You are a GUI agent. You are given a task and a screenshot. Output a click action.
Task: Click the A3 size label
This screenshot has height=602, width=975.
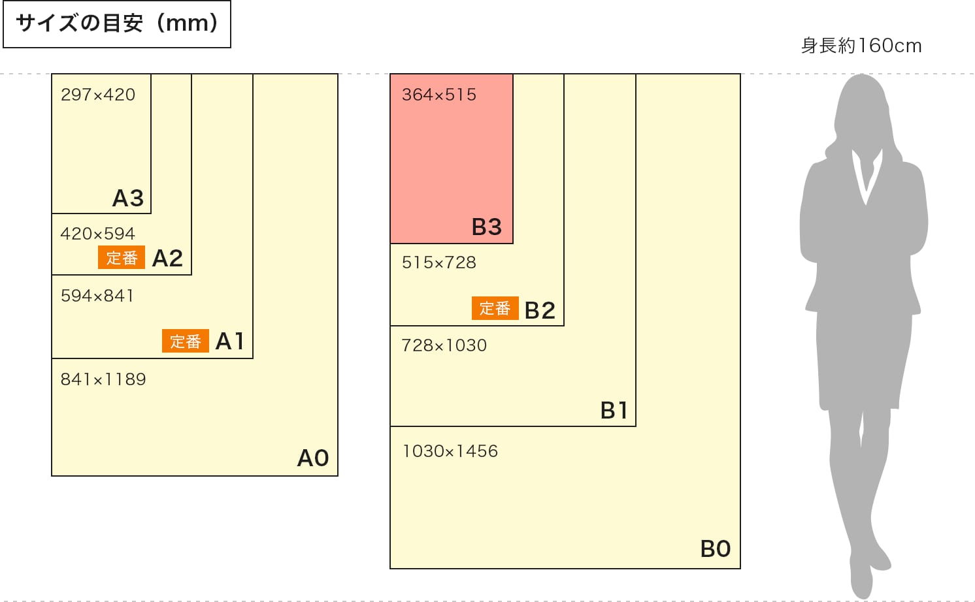(x=128, y=198)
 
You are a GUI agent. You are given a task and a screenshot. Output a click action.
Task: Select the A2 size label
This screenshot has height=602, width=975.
(x=167, y=259)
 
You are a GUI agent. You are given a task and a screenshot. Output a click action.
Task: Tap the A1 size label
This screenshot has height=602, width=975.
(x=229, y=341)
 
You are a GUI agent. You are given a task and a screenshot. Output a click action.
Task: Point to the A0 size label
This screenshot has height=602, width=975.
(x=313, y=458)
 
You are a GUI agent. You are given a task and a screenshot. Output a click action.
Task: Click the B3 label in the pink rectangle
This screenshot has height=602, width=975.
(x=487, y=227)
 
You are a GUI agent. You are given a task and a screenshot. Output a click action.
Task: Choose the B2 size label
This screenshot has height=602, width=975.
(x=540, y=310)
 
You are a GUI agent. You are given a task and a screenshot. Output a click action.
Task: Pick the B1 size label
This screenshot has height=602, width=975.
(x=614, y=410)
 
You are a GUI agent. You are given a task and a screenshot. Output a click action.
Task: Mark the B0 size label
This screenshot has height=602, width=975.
(x=716, y=548)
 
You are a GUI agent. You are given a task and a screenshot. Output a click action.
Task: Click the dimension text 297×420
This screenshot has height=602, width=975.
(x=98, y=95)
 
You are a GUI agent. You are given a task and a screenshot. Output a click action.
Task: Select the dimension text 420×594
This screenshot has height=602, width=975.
(x=98, y=234)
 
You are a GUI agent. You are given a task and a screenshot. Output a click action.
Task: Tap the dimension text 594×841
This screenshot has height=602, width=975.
(x=97, y=296)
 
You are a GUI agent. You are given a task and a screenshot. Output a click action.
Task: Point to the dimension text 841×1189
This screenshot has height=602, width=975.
(x=103, y=379)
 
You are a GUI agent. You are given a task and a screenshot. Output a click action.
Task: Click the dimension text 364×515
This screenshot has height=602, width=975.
(x=439, y=95)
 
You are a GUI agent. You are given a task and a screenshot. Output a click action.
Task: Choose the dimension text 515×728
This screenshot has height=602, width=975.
(x=439, y=262)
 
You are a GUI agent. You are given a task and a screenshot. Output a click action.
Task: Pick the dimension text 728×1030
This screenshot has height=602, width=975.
(x=444, y=345)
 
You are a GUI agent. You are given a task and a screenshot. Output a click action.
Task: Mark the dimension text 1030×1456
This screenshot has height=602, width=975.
(x=450, y=451)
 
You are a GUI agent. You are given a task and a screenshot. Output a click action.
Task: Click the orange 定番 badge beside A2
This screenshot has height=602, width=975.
(x=122, y=258)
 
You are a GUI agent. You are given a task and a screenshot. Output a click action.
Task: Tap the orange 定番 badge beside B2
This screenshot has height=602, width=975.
(x=495, y=308)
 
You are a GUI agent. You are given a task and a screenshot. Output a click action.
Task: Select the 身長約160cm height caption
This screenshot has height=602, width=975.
(x=861, y=46)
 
